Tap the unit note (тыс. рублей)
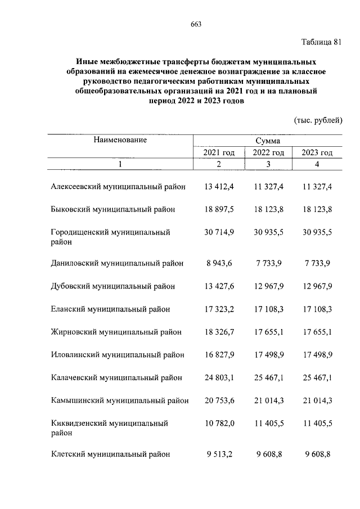pyautogui.click(x=318, y=120)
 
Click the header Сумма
pyautogui.click(x=268, y=141)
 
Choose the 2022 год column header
pyautogui.click(x=268, y=152)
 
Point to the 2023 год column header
pyautogui.click(x=317, y=152)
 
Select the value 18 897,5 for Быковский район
pyautogui.click(x=219, y=209)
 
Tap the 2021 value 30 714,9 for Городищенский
pyautogui.click(x=219, y=232)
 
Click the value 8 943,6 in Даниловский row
pyautogui.click(x=220, y=264)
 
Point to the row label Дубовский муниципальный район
pyautogui.click(x=112, y=286)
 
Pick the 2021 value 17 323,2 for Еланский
pyautogui.click(x=219, y=309)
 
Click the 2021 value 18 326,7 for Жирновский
pyautogui.click(x=219, y=332)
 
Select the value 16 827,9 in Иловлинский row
pyautogui.click(x=219, y=354)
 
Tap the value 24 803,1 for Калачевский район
pyautogui.click(x=219, y=377)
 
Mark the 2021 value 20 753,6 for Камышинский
pyautogui.click(x=219, y=400)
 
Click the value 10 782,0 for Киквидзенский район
pyautogui.click(x=219, y=422)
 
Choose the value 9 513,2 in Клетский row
pyautogui.click(x=220, y=454)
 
